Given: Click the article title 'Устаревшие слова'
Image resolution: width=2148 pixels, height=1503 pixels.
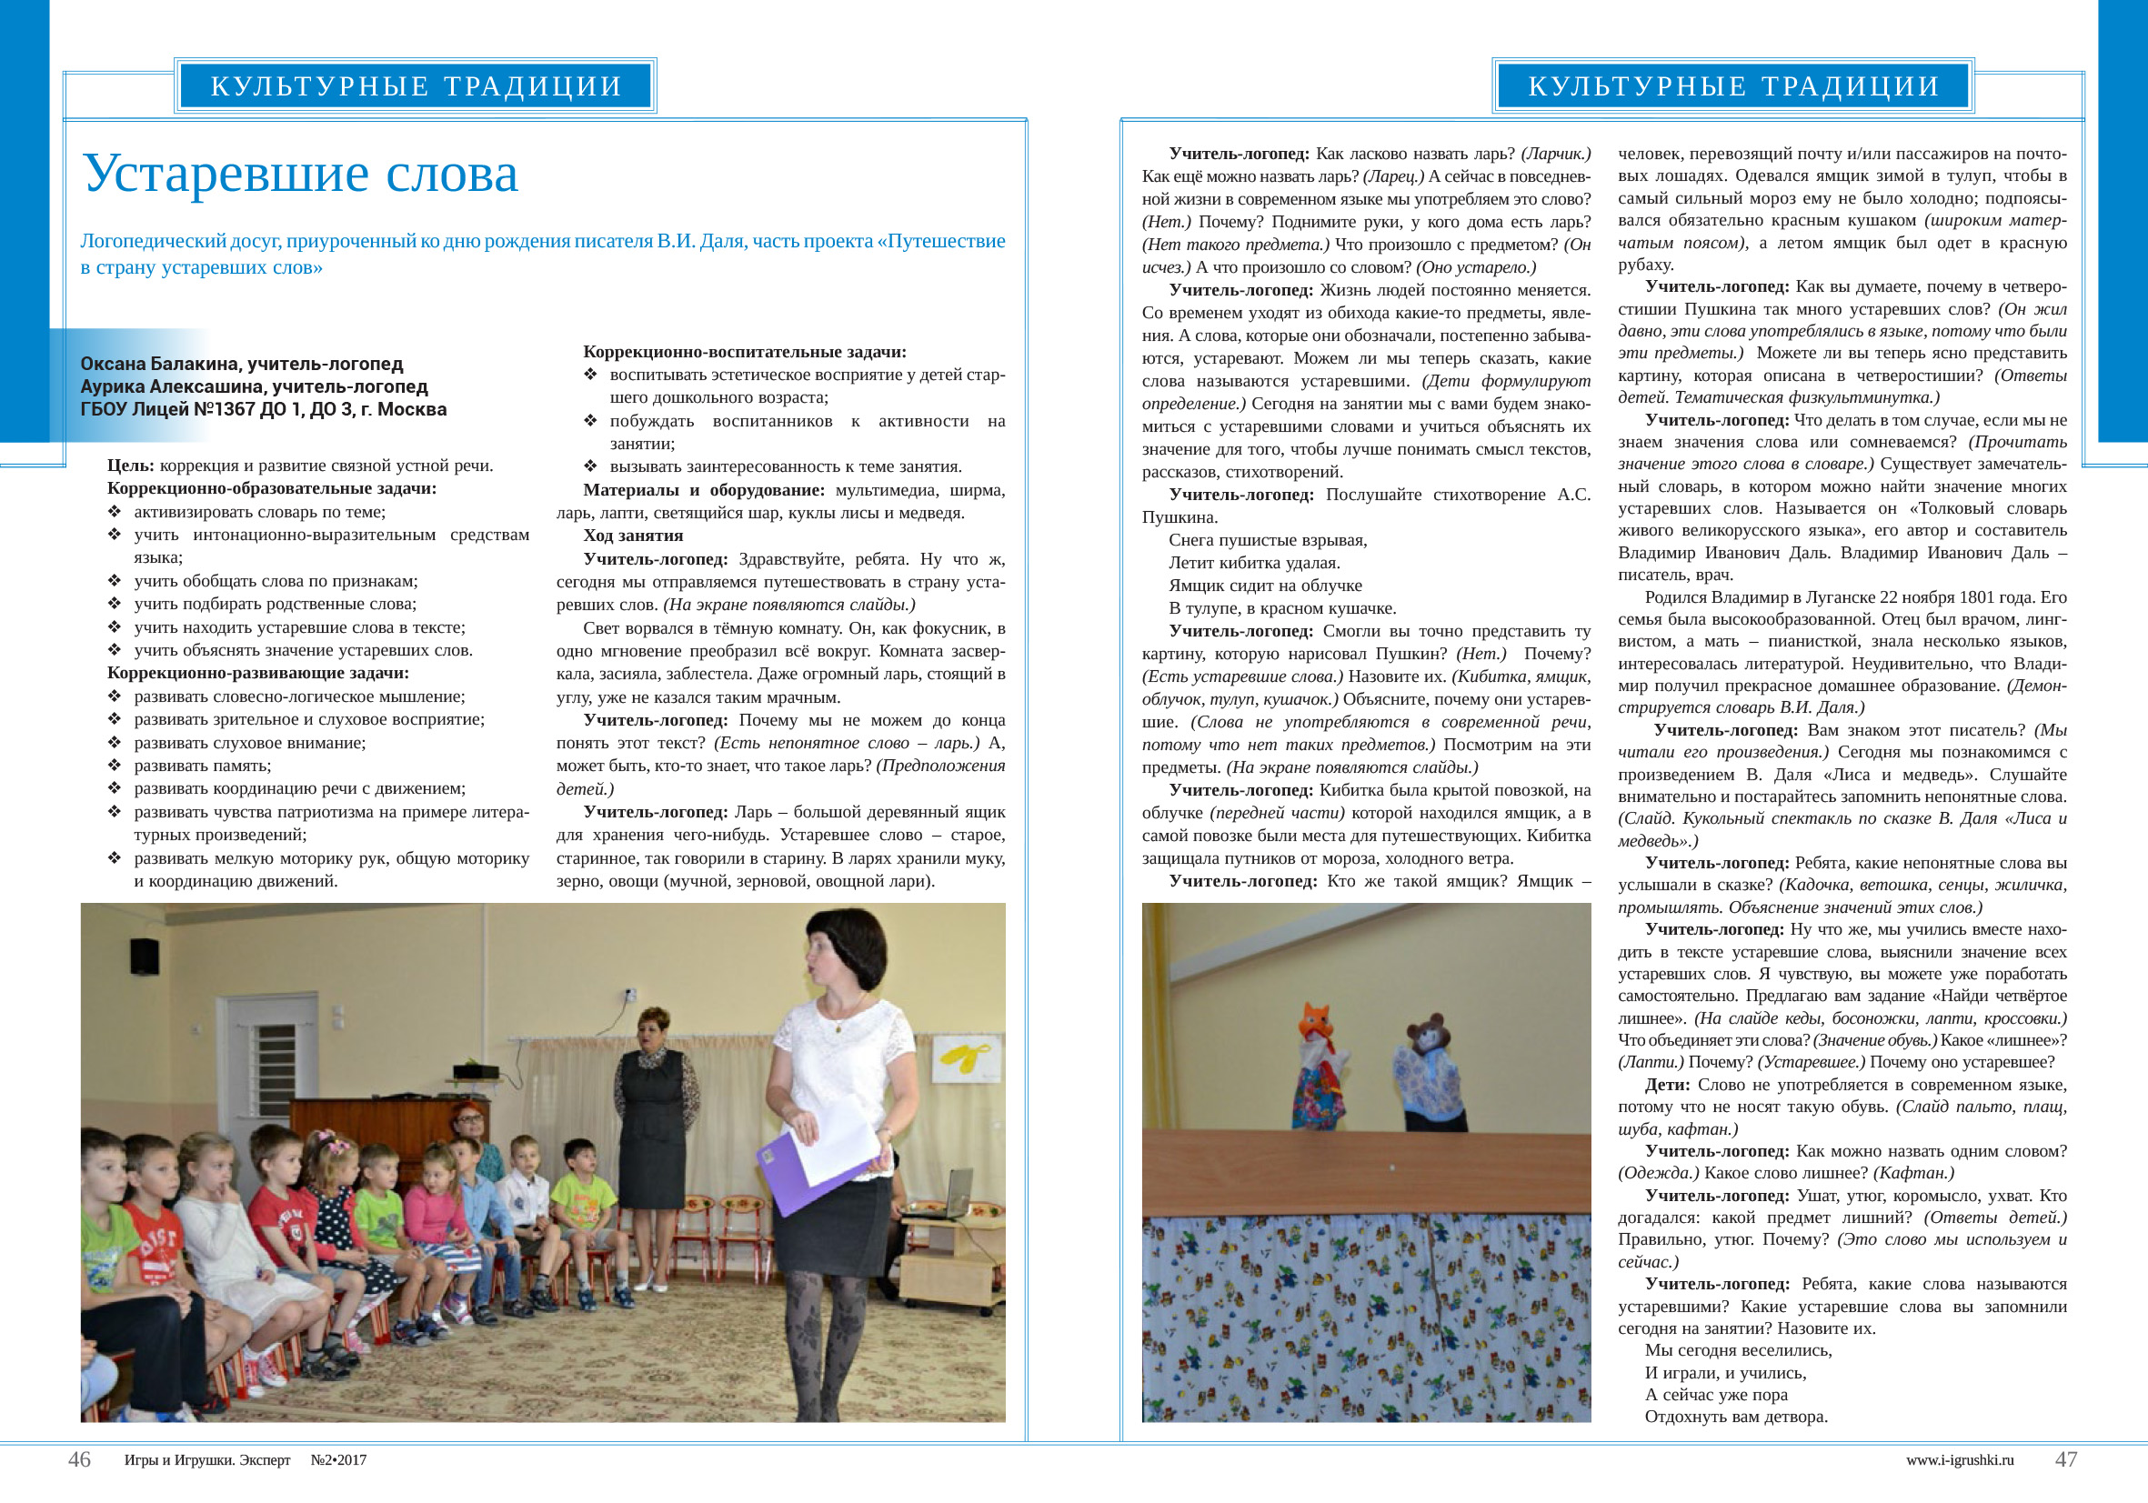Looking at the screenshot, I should [x=300, y=173].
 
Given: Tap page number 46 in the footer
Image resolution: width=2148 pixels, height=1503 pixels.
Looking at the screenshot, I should [x=79, y=1459].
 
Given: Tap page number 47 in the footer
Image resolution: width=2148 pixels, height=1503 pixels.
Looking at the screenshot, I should [x=2065, y=1459].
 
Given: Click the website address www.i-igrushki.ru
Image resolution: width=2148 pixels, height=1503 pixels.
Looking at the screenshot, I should [x=1960, y=1460].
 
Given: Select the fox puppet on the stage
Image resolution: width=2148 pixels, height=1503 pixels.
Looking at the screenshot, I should [x=1319, y=1067].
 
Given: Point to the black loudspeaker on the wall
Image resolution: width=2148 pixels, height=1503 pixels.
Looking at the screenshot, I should [x=143, y=956].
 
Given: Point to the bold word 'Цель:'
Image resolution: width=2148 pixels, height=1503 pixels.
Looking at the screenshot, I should [x=130, y=466].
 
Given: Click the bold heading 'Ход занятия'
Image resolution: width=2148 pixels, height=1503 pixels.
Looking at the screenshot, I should [x=632, y=536].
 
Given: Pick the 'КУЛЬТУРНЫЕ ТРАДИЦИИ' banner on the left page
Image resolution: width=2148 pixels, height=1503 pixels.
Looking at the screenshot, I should [x=416, y=86].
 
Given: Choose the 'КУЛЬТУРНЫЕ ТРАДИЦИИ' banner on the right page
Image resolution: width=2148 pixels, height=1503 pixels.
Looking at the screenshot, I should [x=1732, y=86].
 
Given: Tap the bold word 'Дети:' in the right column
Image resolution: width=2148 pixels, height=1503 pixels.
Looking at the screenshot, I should [x=1667, y=1085].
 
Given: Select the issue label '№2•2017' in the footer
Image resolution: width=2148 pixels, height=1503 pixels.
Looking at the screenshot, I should [x=338, y=1460].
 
